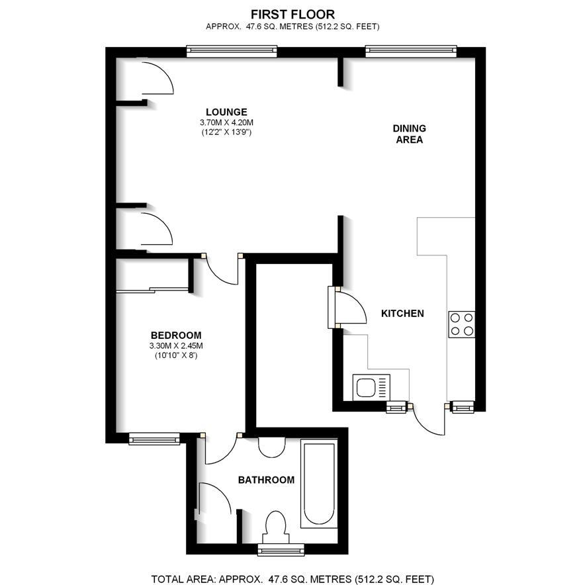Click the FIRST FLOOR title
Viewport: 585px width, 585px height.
coord(292,15)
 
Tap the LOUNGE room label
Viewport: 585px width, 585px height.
coord(226,112)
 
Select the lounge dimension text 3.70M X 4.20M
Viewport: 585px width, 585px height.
coord(226,122)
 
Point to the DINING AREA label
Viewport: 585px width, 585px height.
coord(409,134)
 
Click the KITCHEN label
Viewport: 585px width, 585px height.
coord(402,314)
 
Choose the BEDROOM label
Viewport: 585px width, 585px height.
coord(176,336)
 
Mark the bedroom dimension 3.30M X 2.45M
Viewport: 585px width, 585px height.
coord(176,346)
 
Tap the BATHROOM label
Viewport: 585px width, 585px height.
coord(267,480)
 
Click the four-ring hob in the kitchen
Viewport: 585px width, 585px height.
coord(461,324)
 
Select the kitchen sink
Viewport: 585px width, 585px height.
coord(371,388)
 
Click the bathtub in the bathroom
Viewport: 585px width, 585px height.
coord(319,484)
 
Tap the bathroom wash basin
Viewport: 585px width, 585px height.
coord(272,447)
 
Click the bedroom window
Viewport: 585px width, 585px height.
coord(154,439)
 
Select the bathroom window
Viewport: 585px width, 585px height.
coord(281,549)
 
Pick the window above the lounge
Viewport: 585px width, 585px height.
coord(232,51)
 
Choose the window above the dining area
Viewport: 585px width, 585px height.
coord(411,51)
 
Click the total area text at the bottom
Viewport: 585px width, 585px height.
coord(292,579)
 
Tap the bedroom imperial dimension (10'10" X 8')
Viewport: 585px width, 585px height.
coord(176,355)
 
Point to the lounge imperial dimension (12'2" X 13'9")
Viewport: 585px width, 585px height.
coord(226,132)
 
